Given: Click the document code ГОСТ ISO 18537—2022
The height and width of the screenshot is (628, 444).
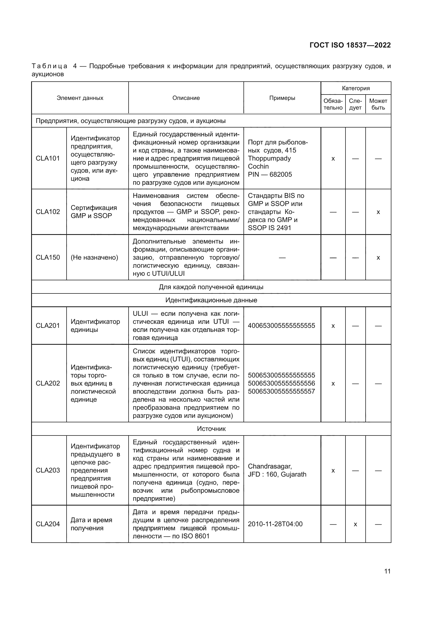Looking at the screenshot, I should click(x=350, y=45).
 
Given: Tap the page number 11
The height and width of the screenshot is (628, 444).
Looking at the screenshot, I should click(x=387, y=571).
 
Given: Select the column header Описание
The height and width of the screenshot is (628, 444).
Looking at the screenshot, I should click(x=186, y=98).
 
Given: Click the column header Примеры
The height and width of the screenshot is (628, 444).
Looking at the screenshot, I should click(x=282, y=98).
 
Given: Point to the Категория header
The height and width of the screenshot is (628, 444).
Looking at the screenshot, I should click(x=356, y=88).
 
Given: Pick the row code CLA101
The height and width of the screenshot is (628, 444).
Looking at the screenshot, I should click(x=48, y=158).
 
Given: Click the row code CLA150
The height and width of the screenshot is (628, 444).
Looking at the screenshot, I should click(x=48, y=257).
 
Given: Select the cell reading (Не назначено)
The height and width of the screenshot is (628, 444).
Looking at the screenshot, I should click(x=94, y=257).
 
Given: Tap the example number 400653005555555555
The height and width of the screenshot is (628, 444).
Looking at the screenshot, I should click(x=281, y=325).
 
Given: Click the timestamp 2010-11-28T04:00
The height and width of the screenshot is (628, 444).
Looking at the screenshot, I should click(x=275, y=524).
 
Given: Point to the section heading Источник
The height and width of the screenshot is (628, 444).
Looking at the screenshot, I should click(x=211, y=429).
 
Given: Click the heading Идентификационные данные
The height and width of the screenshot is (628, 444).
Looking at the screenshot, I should click(x=211, y=300).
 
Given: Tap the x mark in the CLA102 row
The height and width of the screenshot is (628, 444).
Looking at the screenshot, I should click(x=378, y=212).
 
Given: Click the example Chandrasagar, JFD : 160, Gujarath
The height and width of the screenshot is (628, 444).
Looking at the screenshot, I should click(x=277, y=470).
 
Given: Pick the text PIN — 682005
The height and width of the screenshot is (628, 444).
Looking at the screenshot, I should click(x=270, y=175).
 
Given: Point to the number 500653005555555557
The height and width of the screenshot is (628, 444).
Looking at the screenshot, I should click(x=281, y=391).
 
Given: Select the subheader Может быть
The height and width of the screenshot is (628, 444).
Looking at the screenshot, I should click(x=378, y=104).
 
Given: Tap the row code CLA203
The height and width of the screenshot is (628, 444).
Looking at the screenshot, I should click(x=48, y=470).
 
